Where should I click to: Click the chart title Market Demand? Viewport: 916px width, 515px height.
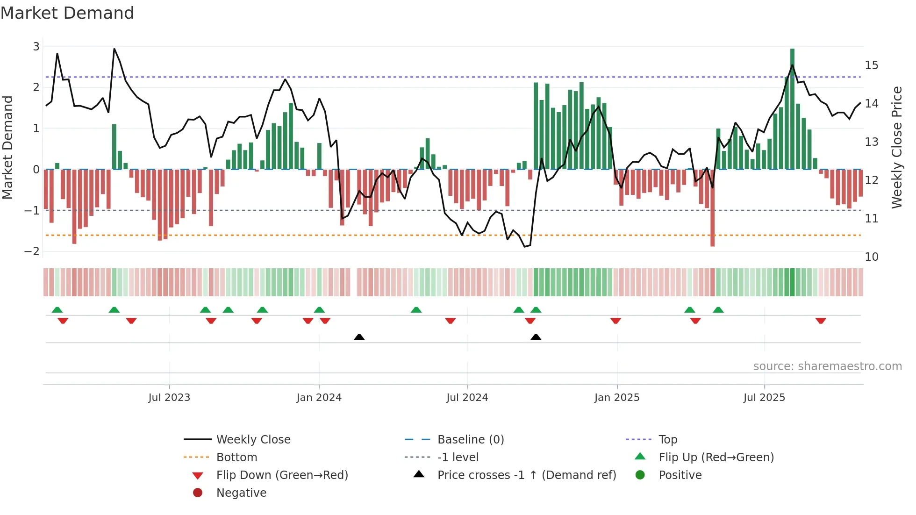click(67, 13)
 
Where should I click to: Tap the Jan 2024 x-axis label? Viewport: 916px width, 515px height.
click(319, 398)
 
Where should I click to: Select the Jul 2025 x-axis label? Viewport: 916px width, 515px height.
click(764, 398)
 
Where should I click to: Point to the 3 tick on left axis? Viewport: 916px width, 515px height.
click(36, 46)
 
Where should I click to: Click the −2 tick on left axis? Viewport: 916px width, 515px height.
click(32, 251)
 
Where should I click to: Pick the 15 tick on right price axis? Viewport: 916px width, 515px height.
click(871, 65)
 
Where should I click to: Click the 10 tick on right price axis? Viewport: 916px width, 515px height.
click(871, 257)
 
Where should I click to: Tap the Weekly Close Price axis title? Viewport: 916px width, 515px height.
click(896, 147)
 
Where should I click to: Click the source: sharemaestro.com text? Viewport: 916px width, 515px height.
click(827, 366)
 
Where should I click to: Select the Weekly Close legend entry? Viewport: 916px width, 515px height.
click(253, 440)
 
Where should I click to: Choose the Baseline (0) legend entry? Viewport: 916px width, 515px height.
click(470, 440)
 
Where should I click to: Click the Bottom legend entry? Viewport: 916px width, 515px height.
click(236, 458)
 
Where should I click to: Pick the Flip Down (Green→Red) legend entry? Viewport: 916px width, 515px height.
click(282, 475)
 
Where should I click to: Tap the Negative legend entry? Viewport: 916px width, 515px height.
click(241, 493)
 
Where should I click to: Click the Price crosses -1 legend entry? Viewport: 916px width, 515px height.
click(526, 475)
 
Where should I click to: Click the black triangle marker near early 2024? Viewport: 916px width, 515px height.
click(359, 337)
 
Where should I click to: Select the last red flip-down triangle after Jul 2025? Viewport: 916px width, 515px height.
click(821, 321)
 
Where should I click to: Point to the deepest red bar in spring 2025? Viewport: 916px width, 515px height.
click(712, 207)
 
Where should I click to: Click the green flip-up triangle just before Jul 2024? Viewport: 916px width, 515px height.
click(416, 310)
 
